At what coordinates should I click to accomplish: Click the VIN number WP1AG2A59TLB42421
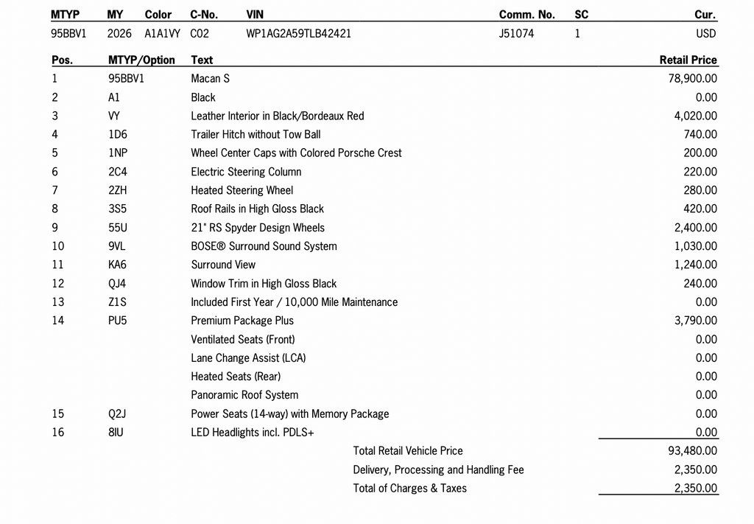[x=298, y=34]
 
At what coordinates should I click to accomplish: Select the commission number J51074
[x=516, y=34]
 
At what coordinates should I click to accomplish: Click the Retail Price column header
[x=688, y=60]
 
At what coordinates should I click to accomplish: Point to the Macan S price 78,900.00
[x=692, y=79]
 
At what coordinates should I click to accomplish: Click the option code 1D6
[x=117, y=135]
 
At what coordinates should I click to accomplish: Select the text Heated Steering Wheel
[x=242, y=190]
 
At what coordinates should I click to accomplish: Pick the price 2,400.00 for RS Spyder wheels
[x=695, y=228]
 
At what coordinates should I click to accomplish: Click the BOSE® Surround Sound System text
[x=264, y=246]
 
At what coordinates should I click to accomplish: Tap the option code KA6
[x=117, y=265]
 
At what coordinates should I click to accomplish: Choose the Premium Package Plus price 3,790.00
[x=695, y=321]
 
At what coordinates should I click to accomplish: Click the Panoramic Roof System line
[x=244, y=395]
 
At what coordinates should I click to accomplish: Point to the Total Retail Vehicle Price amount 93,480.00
[x=692, y=451]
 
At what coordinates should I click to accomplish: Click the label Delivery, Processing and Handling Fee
[x=438, y=469]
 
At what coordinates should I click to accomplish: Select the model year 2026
[x=119, y=34]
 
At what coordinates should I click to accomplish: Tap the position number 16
[x=58, y=433]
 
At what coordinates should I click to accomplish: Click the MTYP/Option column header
[x=141, y=60]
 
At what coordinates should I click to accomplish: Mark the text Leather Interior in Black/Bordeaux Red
[x=277, y=116]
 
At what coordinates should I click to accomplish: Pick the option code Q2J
[x=117, y=414]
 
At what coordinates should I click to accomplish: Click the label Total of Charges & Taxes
[x=409, y=488]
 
